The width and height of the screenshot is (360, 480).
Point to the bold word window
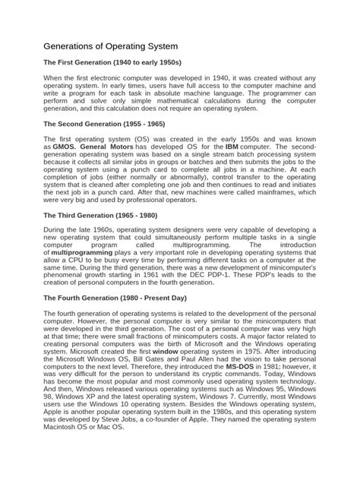pos(165,331)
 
